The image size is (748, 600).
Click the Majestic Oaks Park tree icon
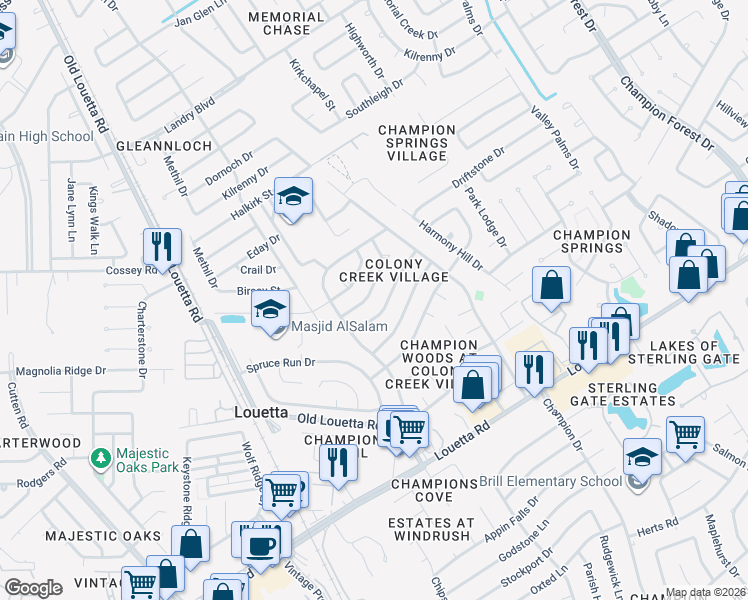pyautogui.click(x=100, y=458)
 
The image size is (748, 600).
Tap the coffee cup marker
pyautogui.click(x=262, y=546)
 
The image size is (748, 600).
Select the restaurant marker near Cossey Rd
pyautogui.click(x=160, y=246)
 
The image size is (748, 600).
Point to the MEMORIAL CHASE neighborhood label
pyautogui.click(x=286, y=24)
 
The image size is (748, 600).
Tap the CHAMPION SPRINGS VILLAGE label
pyautogui.click(x=417, y=143)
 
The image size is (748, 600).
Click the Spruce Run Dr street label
pyautogui.click(x=281, y=363)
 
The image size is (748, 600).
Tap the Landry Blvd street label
pyautogui.click(x=190, y=116)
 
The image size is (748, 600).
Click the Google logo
pyautogui.click(x=33, y=587)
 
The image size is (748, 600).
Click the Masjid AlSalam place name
pyautogui.click(x=339, y=327)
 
